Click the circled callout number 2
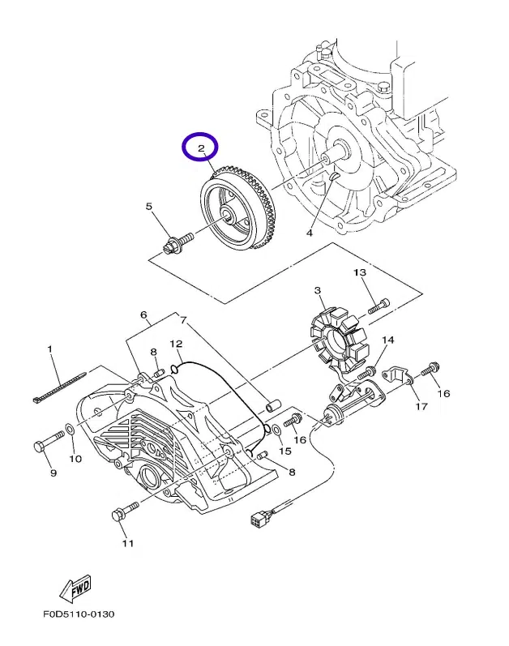pyautogui.click(x=199, y=148)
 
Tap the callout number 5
pyautogui.click(x=149, y=207)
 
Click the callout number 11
pyautogui.click(x=126, y=543)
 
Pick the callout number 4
pyautogui.click(x=309, y=233)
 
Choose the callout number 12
pyautogui.click(x=175, y=344)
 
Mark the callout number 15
pyautogui.click(x=284, y=451)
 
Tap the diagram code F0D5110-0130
pyautogui.click(x=79, y=614)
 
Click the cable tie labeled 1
pyautogui.click(x=61, y=388)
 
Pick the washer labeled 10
pyautogui.click(x=71, y=428)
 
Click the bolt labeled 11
pyautogui.click(x=124, y=511)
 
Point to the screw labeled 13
pyautogui.click(x=379, y=306)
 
